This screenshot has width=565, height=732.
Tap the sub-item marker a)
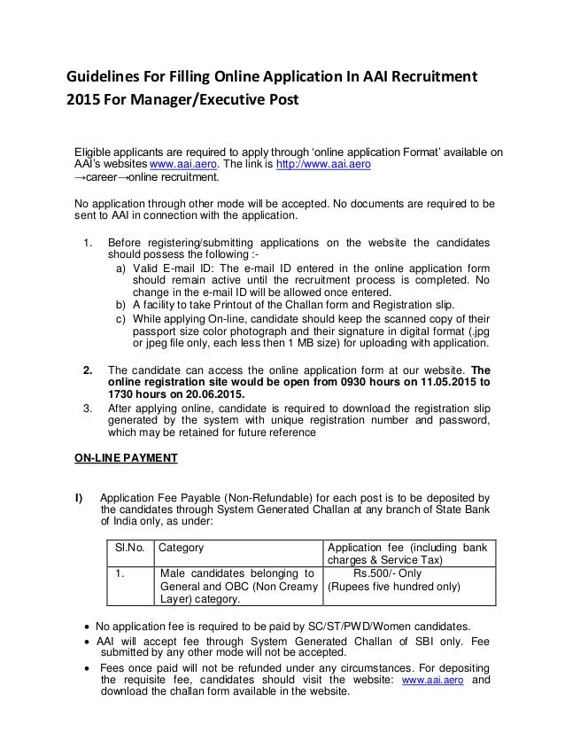tap(120, 270)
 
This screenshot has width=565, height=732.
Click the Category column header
tap(182, 547)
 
